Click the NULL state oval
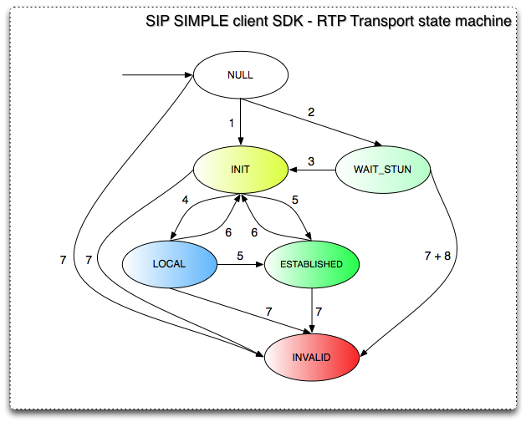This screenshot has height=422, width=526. click(x=241, y=74)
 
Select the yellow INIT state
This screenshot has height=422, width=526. click(x=241, y=170)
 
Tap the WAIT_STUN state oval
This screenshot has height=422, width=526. click(x=384, y=170)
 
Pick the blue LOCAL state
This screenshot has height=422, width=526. click(x=169, y=264)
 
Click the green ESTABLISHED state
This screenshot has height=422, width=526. click(x=312, y=264)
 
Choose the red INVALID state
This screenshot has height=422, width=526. click(x=312, y=358)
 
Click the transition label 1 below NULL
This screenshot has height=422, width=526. click(x=231, y=123)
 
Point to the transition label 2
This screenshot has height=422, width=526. click(x=311, y=112)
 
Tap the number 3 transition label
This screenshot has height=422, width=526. click(x=311, y=160)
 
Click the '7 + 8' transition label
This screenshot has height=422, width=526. click(x=437, y=258)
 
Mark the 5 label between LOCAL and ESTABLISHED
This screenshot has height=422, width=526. click(x=241, y=255)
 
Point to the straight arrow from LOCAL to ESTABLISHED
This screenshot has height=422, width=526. click(x=240, y=265)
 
